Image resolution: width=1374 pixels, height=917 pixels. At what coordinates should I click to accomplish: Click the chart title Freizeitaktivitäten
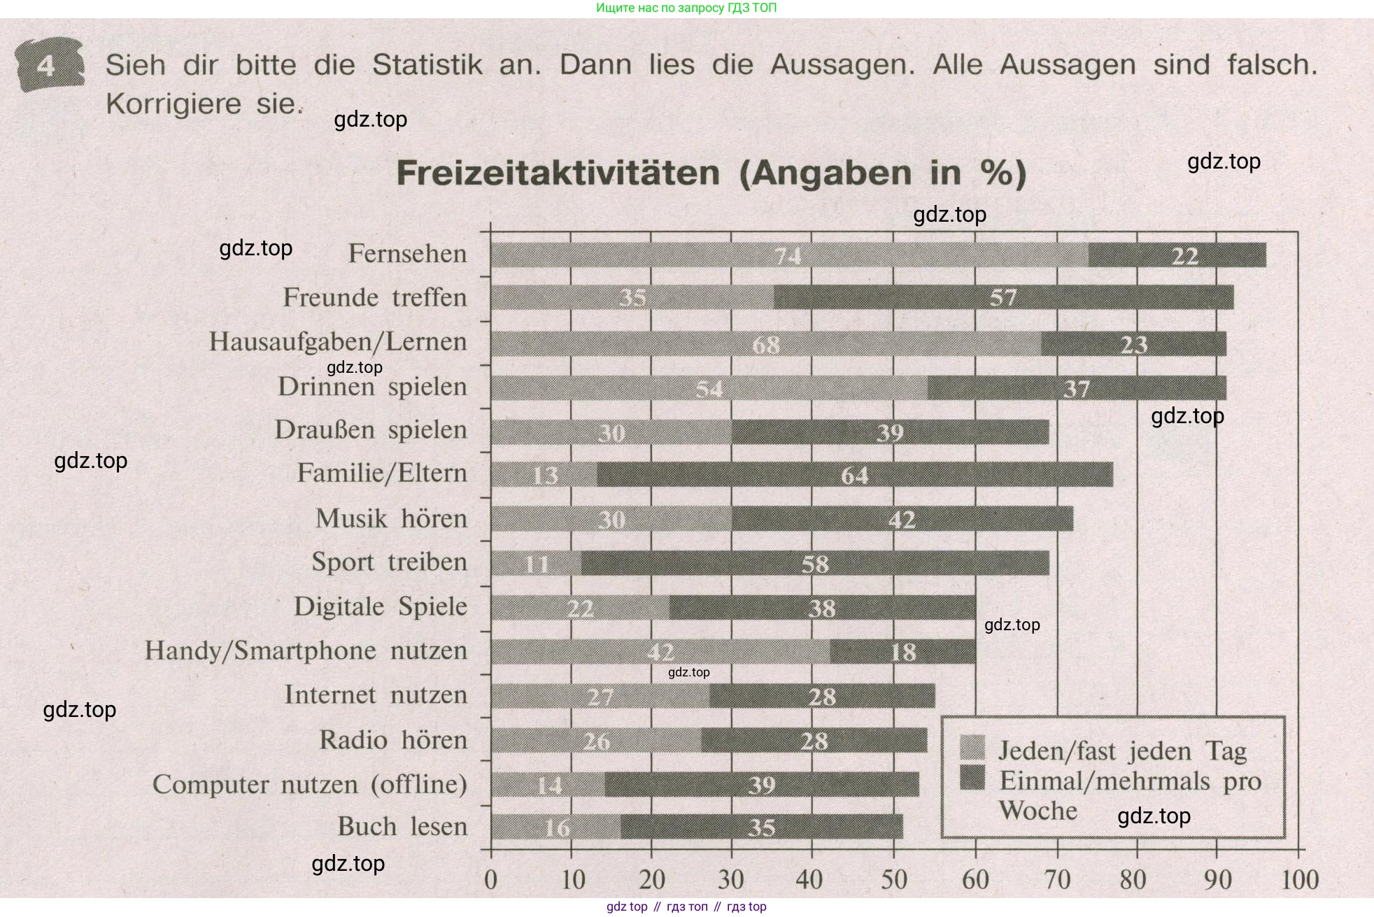click(x=558, y=173)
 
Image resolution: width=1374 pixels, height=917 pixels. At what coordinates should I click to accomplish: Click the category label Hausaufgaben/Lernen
click(x=338, y=342)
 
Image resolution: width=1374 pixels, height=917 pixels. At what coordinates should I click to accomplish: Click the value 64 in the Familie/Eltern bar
click(x=854, y=476)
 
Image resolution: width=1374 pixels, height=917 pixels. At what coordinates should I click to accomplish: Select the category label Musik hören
click(x=391, y=519)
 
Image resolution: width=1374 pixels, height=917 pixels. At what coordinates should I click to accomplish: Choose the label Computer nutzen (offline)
click(x=309, y=784)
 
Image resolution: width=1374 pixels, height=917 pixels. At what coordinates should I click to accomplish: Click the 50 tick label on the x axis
click(x=893, y=879)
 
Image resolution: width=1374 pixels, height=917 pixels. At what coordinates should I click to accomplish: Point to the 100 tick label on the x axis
click(x=1299, y=879)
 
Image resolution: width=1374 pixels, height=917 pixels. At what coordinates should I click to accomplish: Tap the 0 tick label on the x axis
click(x=490, y=879)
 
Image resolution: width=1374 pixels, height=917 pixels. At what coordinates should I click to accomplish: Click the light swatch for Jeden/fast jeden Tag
click(x=972, y=747)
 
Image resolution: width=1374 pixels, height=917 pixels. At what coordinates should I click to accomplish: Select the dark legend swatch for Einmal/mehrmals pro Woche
click(x=972, y=777)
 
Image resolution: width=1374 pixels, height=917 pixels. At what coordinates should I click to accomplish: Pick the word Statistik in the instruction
click(x=427, y=65)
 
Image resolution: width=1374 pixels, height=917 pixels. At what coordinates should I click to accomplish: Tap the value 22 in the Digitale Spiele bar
click(x=580, y=608)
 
